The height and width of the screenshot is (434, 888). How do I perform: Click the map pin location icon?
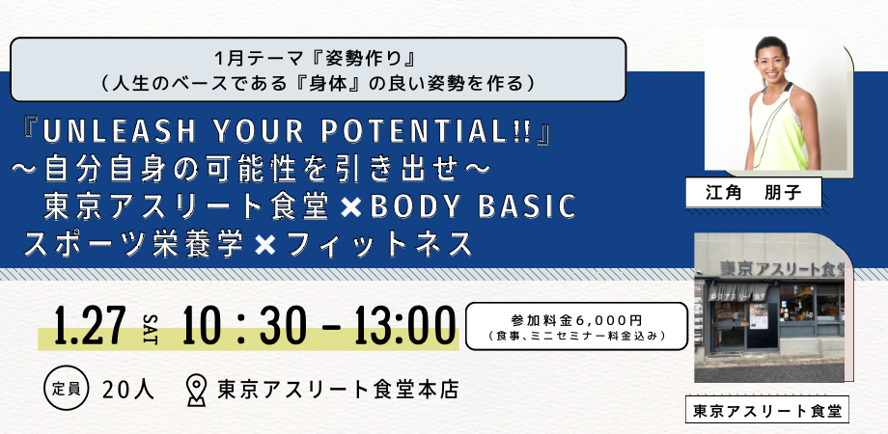click(x=196, y=389)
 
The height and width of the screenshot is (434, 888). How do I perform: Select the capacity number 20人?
click(x=127, y=390)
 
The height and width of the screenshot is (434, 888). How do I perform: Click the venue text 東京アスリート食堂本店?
click(x=338, y=390)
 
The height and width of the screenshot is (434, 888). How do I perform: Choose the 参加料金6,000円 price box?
click(x=576, y=326)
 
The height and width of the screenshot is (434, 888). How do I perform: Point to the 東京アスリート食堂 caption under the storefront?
click(x=767, y=410)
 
